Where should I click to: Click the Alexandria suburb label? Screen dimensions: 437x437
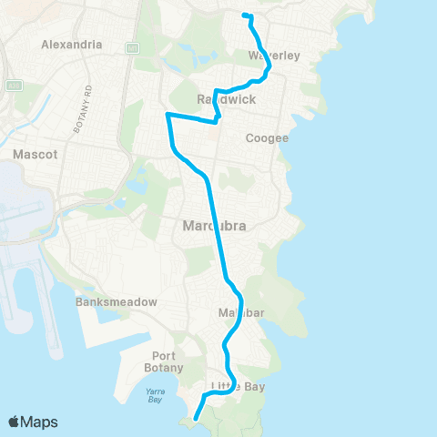71,44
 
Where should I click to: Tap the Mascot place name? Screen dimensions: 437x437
35,155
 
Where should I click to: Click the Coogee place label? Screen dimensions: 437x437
268,138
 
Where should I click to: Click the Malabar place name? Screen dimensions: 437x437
240,314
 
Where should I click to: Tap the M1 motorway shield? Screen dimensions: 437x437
133,46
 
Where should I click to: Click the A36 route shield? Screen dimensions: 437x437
14,85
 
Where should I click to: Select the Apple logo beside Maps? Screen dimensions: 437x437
15,422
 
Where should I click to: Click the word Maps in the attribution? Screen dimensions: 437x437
40,422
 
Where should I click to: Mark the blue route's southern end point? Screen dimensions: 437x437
196,419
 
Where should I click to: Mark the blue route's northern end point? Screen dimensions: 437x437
243,15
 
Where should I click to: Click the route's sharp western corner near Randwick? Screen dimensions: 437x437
167,114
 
